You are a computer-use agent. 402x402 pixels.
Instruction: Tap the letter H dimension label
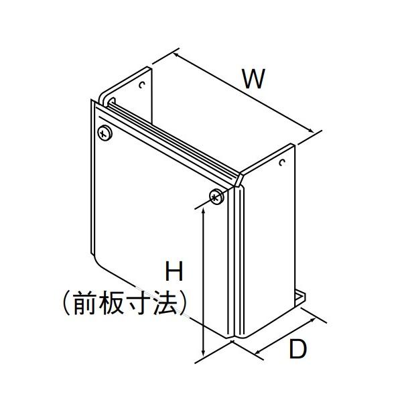pos(174,272)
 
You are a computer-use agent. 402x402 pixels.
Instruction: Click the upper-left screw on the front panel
pos(105,132)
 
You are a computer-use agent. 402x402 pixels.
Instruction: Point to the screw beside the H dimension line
pos(216,196)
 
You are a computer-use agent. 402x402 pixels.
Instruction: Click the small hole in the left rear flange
pos(142,84)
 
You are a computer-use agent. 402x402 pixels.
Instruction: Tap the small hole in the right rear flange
pos(283,163)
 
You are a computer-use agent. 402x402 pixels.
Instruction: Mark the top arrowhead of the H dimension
pos(203,210)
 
